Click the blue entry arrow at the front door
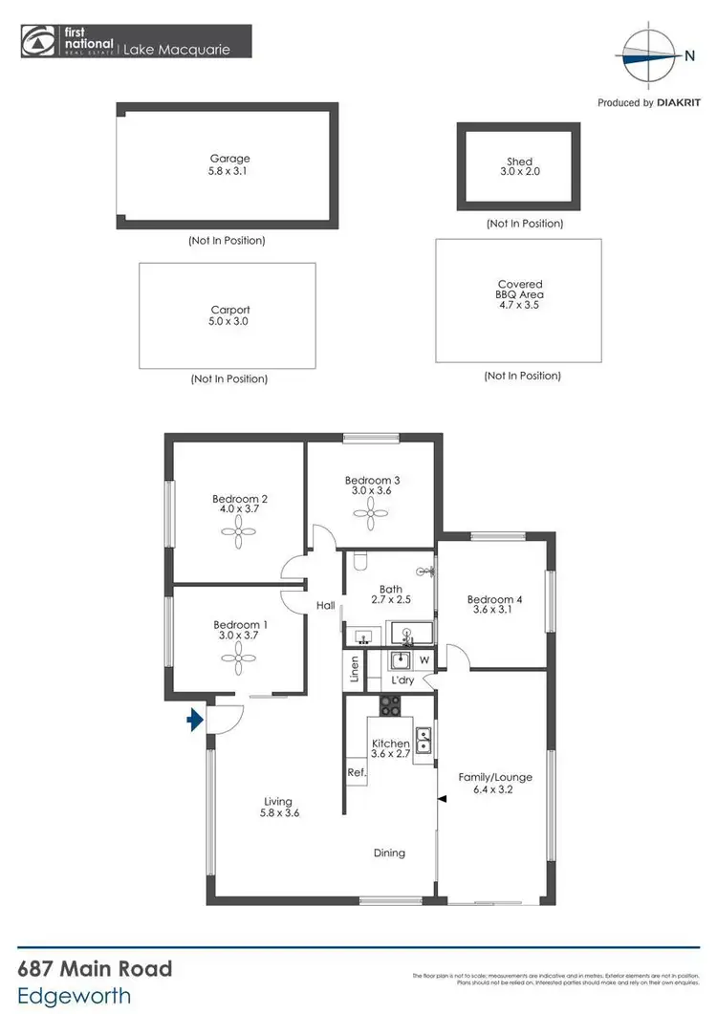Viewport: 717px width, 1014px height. click(196, 720)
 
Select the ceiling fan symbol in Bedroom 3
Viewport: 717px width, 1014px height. click(369, 515)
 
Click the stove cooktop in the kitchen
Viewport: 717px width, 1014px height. click(391, 707)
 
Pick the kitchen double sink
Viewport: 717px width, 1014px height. click(424, 738)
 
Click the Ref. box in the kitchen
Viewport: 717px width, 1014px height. click(357, 772)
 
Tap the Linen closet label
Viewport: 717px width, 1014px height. click(354, 669)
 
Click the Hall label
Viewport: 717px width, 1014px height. click(325, 605)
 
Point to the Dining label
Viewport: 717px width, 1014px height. click(389, 852)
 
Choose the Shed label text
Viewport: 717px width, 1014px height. click(520, 162)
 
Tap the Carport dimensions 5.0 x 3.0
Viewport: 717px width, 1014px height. click(229, 322)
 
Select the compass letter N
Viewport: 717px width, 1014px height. click(689, 56)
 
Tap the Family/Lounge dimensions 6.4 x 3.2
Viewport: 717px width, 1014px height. click(495, 790)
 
